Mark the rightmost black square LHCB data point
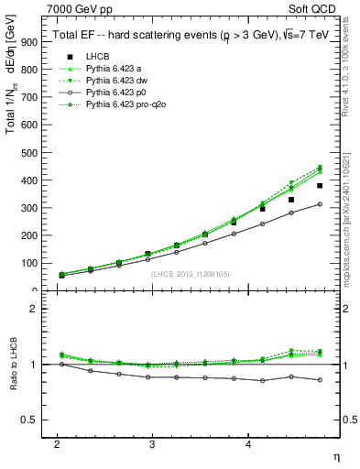click(320, 186)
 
